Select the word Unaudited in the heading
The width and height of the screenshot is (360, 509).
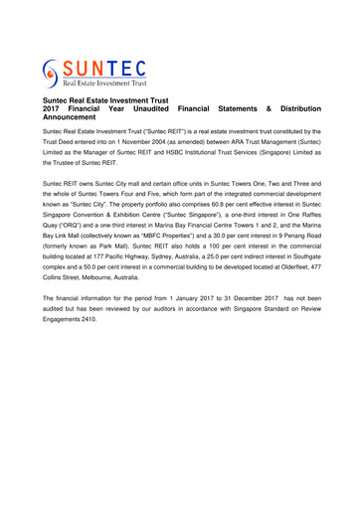[x=151, y=108]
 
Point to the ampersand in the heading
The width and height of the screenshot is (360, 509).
[x=268, y=108]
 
